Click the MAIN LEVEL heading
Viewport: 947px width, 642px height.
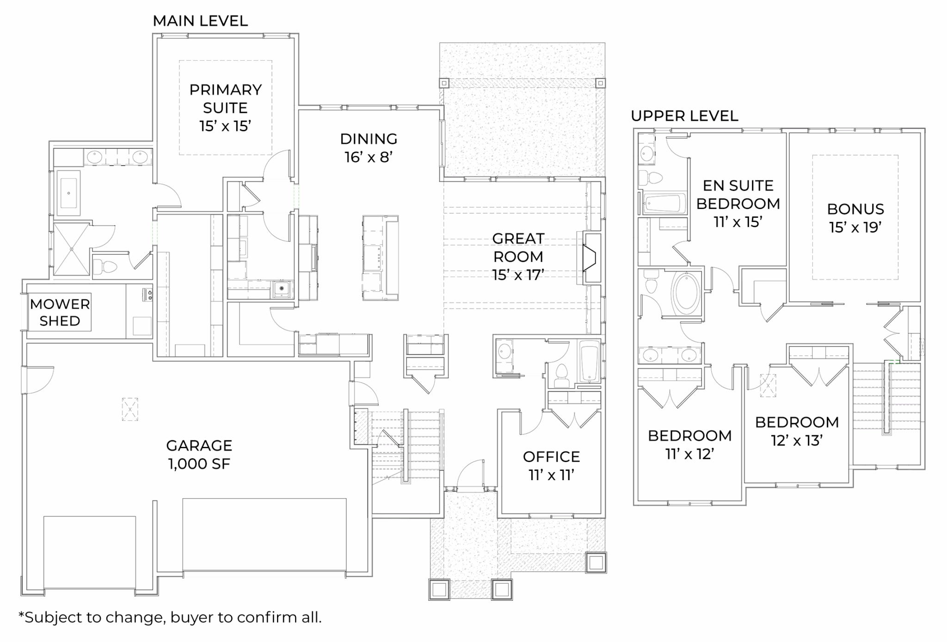click(200, 21)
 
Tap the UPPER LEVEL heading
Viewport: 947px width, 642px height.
click(684, 116)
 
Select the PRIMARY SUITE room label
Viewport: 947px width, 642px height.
click(226, 107)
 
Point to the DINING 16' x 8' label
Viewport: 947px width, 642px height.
click(369, 148)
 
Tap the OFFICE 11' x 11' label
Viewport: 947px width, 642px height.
click(551, 466)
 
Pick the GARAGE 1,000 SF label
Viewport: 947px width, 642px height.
click(199, 455)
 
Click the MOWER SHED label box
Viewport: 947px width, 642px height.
click(60, 312)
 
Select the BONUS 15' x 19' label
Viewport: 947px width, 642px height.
click(855, 218)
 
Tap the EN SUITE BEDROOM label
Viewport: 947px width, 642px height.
click(738, 204)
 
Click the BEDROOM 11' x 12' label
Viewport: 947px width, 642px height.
click(689, 444)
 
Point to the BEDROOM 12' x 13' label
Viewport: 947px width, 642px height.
click(797, 431)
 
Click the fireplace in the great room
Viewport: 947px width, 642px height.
click(590, 258)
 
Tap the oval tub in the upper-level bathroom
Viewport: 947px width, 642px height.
click(687, 293)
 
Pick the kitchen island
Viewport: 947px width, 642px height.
click(380, 258)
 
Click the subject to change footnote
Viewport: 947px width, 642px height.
click(170, 617)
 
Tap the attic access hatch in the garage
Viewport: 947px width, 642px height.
click(130, 409)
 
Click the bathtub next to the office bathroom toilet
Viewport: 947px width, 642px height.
click(589, 362)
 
